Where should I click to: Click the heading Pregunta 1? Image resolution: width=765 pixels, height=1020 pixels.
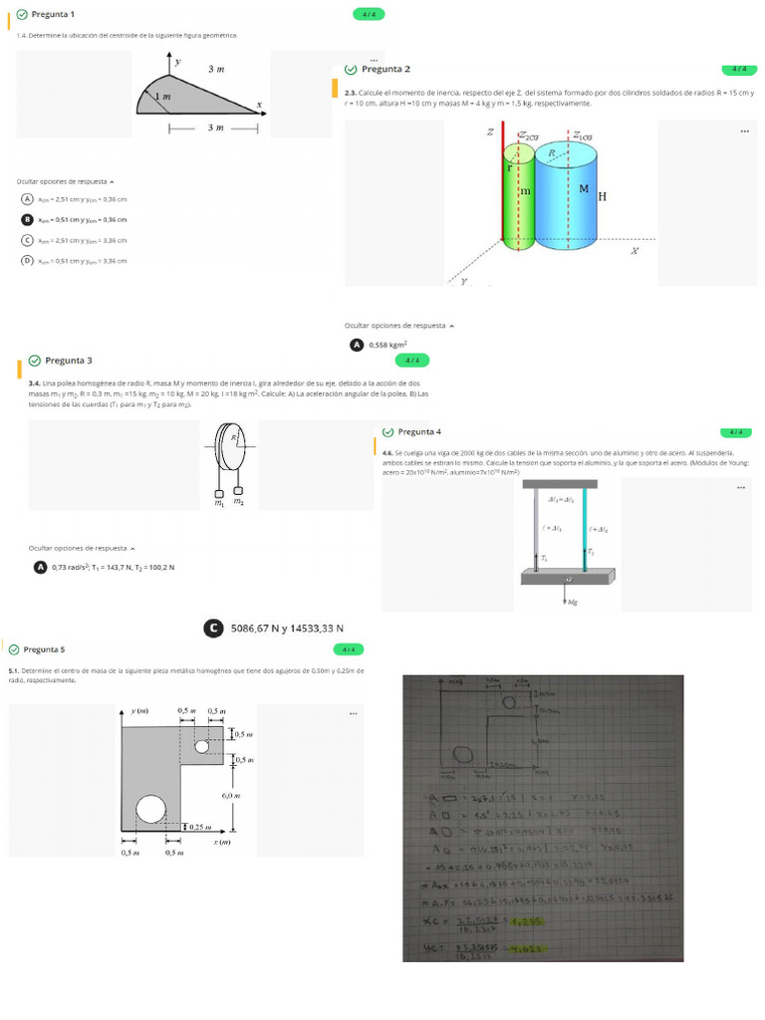coord(53,14)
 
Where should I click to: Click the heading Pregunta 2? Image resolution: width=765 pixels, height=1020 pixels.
coord(385,69)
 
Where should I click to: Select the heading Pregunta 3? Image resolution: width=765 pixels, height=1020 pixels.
coord(68,360)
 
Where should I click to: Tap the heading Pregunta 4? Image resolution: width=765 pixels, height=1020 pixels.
coord(418,431)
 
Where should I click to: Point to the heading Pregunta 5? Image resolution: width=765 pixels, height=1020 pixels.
coord(44,648)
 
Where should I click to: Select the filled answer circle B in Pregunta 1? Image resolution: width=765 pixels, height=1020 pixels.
coord(27,219)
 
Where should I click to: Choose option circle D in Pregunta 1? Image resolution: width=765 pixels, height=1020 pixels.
coord(27,260)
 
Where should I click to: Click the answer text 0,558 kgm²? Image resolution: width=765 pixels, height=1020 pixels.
coord(387,345)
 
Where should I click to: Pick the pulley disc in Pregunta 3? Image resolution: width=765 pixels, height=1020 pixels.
coord(226,448)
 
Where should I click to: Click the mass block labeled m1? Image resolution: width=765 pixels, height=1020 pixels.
coord(217,491)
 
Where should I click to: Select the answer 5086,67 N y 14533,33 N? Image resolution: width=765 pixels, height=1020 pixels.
coord(287,628)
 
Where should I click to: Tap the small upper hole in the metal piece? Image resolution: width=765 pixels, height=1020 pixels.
coord(201,746)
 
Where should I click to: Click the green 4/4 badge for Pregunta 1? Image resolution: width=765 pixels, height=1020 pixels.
coord(369,14)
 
